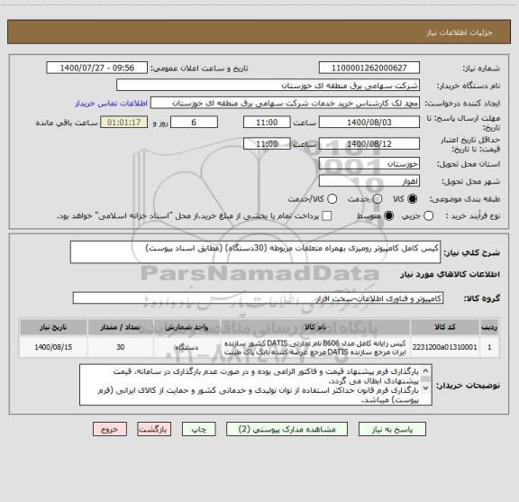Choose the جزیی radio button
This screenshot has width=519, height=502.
[x=426, y=215]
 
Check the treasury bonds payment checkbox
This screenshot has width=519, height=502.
[x=327, y=215]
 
